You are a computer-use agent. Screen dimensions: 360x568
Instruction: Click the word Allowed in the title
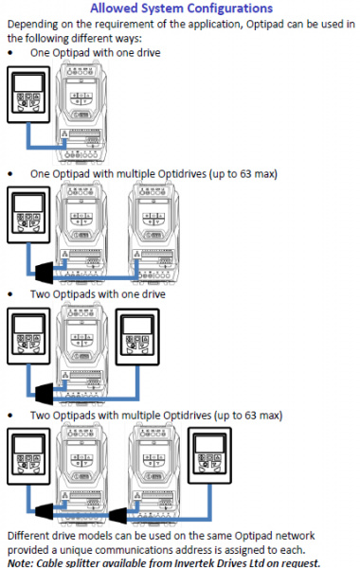coord(113,8)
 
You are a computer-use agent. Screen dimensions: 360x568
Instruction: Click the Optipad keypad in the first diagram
coord(28,95)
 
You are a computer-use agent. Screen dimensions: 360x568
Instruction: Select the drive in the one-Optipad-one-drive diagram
coord(81,112)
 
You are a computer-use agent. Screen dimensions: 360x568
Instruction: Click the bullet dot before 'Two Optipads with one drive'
coord(10,294)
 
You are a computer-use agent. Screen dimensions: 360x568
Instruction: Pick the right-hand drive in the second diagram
coord(153,233)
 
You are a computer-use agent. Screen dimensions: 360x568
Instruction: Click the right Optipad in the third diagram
coord(137,337)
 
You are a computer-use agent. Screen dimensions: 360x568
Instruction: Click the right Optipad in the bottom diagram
coord(209,455)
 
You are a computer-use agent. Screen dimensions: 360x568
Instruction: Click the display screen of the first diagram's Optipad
coord(28,83)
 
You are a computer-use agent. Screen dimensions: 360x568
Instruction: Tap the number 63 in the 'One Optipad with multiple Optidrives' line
coord(245,174)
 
